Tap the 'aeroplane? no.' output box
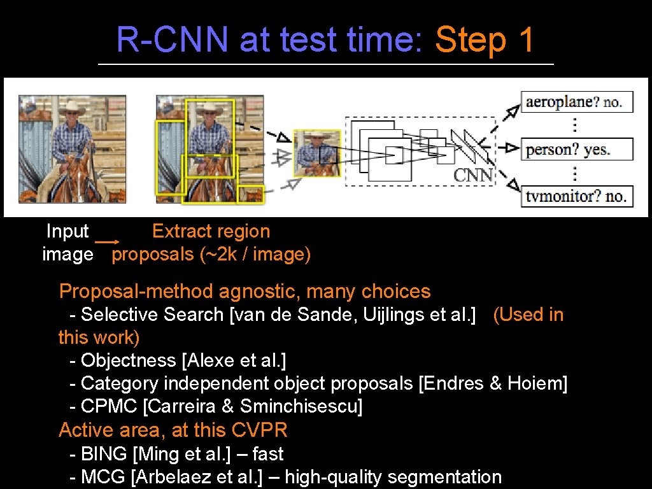pos(577,102)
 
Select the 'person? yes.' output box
pos(577,150)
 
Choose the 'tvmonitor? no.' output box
pos(577,195)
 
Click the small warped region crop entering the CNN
pos(317,153)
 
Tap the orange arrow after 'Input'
pos(107,242)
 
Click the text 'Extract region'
pos(211,231)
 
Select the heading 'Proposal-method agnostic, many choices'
pos(244,292)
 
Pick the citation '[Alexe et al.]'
pos(234,360)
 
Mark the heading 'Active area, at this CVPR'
pos(173,430)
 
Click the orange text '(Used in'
pos(528,315)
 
